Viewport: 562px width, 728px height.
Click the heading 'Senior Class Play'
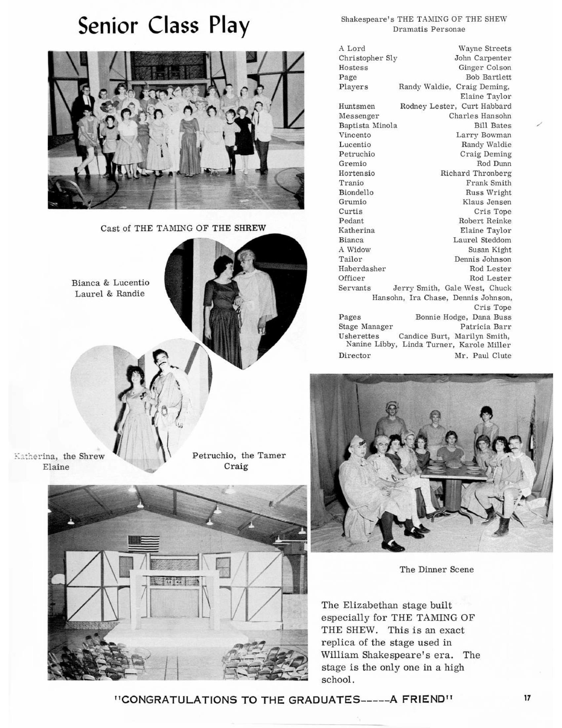point(163,26)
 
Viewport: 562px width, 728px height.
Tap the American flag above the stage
point(143,544)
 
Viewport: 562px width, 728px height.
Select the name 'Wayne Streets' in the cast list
point(484,49)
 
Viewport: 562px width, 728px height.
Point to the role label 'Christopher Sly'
point(368,58)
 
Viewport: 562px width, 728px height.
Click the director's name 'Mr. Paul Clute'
point(483,356)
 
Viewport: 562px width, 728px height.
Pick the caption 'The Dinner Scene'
point(436,569)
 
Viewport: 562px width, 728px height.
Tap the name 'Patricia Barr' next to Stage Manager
point(485,327)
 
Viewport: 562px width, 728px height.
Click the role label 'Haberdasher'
point(362,269)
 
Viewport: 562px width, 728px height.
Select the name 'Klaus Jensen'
point(487,202)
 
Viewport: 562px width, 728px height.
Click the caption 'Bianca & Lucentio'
point(110,283)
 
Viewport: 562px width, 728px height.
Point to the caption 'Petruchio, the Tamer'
point(239,455)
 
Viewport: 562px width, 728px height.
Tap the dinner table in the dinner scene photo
point(454,473)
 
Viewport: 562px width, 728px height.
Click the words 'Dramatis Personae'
point(429,29)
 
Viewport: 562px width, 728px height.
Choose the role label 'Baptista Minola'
point(368,126)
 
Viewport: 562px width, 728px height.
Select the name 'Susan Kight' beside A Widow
point(489,250)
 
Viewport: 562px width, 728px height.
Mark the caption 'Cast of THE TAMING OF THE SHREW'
point(183,228)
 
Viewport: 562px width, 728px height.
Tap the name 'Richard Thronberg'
point(476,173)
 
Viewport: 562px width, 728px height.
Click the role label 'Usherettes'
point(359,336)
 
